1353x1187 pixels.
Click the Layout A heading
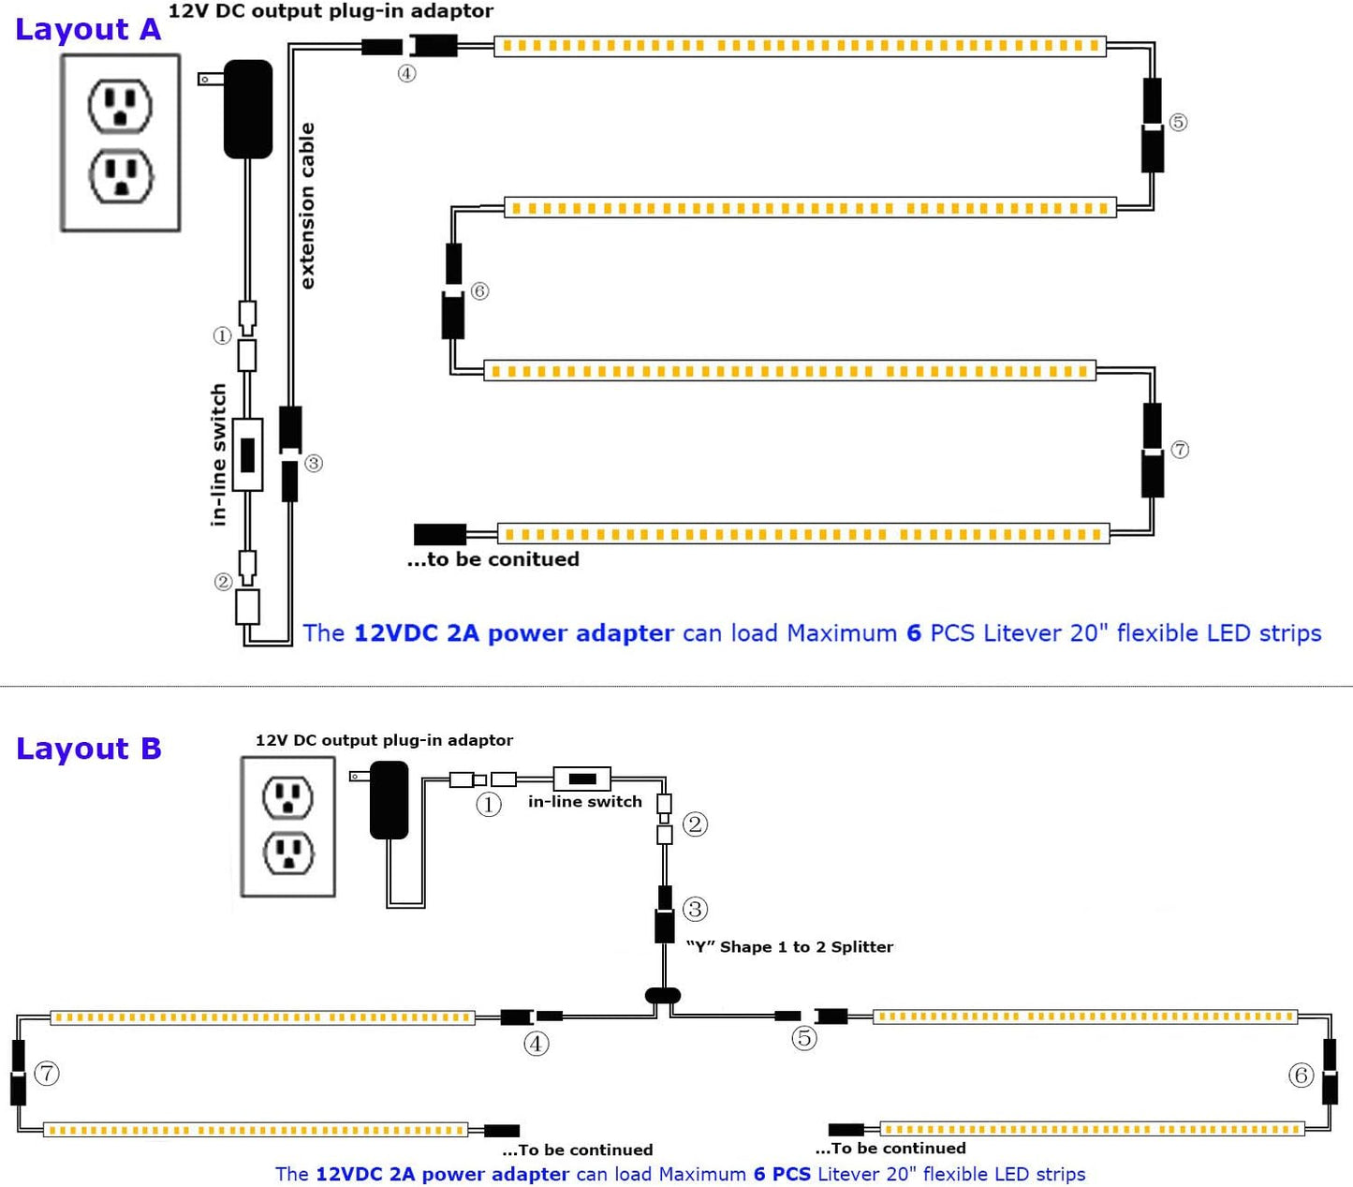(88, 29)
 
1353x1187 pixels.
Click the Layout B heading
(89, 749)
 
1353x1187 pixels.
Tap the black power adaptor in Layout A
(248, 108)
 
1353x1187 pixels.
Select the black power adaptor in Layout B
(390, 799)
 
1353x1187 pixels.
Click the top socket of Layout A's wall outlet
(120, 105)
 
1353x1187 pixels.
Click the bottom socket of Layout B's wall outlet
(287, 853)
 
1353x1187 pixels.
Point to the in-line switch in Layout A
(248, 454)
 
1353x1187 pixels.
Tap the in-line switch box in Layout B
(581, 779)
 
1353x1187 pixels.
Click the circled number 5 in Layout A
(1178, 122)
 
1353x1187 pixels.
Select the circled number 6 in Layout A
(479, 290)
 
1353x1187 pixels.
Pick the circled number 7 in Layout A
(1180, 450)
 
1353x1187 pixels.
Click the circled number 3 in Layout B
(695, 909)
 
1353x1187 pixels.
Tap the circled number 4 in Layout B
(536, 1044)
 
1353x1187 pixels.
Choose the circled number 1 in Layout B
(489, 804)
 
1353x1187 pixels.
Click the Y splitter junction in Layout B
(663, 996)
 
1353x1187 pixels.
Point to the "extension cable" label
(307, 206)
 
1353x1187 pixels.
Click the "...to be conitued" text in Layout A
(493, 559)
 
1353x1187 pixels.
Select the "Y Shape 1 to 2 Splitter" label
(789, 947)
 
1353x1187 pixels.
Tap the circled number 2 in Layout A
(223, 582)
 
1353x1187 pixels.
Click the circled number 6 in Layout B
(1301, 1076)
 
